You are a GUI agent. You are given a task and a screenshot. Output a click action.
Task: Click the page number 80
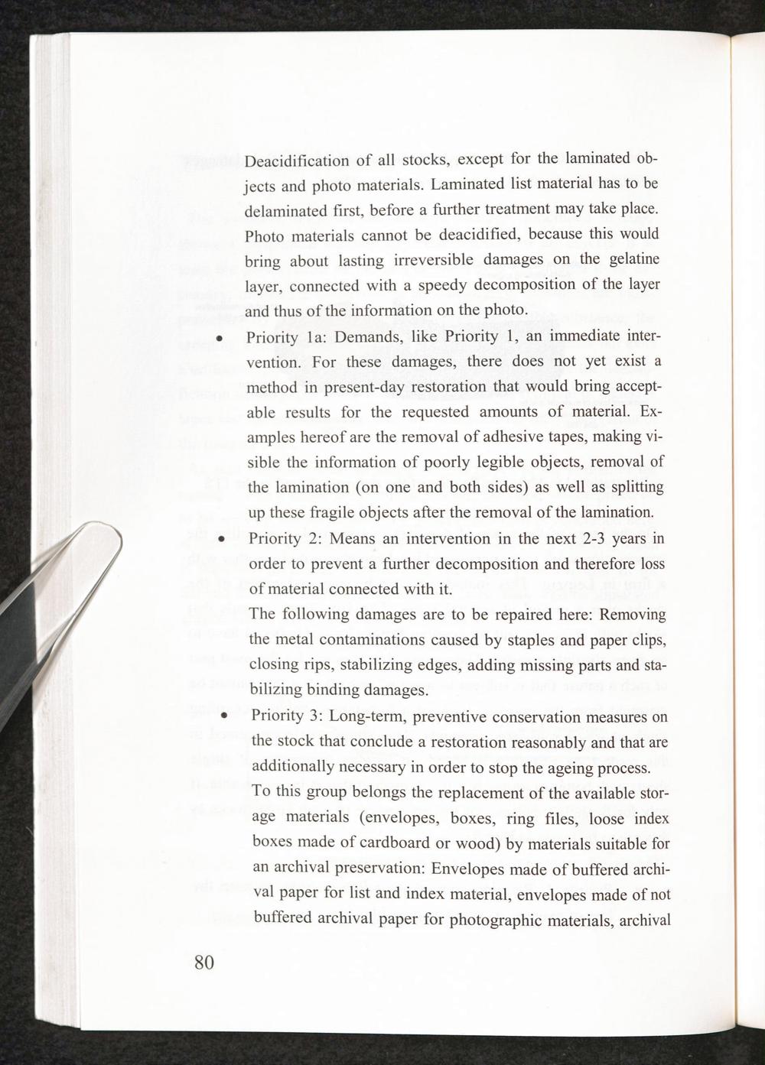pyautogui.click(x=204, y=962)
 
